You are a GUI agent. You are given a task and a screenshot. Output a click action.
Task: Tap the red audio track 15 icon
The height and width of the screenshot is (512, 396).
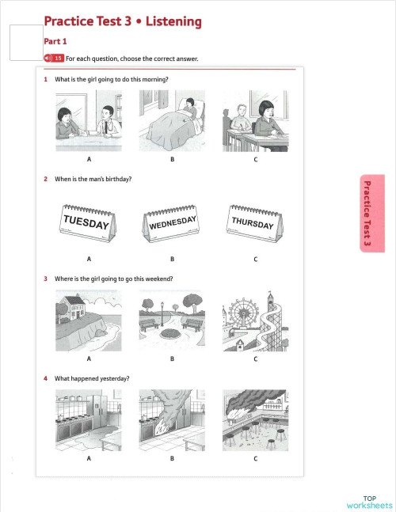54,59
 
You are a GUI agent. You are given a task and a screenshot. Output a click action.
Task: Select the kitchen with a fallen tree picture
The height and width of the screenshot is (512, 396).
172,419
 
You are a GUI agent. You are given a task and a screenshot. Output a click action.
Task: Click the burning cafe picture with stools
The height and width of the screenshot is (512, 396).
255,419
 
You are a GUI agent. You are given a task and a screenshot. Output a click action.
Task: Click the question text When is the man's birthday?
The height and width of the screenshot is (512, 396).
92,179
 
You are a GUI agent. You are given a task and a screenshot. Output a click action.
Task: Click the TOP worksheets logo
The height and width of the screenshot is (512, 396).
369,501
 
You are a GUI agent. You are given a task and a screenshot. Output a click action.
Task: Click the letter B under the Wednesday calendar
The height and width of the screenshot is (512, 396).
172,259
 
